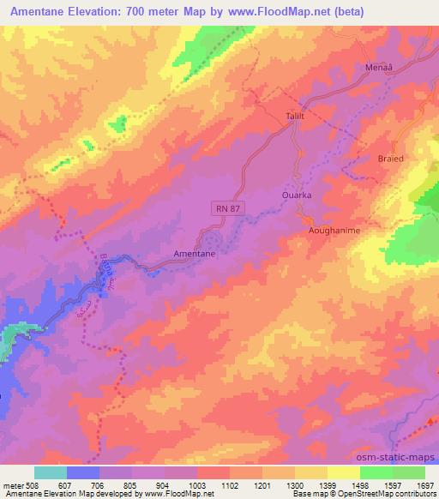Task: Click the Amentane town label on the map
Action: tap(194, 255)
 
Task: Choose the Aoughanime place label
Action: tap(333, 231)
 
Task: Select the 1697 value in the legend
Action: tap(424, 484)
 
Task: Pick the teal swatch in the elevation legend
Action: tap(51, 472)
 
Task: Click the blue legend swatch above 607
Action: tap(83, 472)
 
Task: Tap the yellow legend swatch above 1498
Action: tap(343, 472)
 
